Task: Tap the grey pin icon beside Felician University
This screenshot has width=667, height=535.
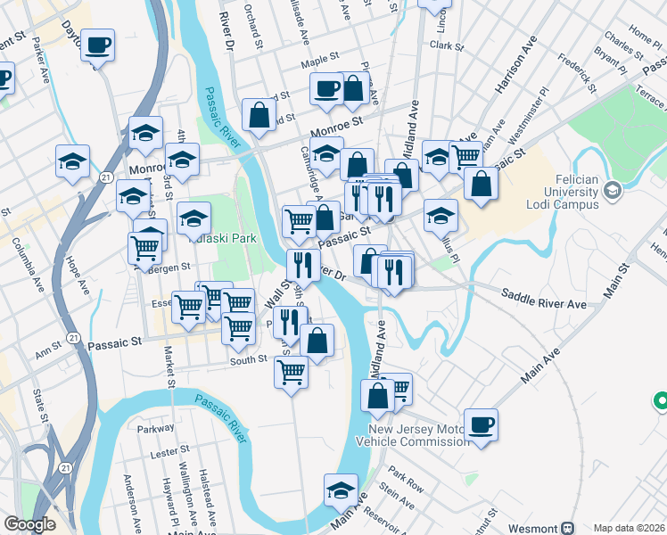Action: (612, 189)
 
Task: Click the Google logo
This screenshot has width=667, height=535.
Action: (29, 524)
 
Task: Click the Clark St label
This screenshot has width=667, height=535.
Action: (447, 45)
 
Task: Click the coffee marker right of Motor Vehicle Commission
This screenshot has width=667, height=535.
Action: (481, 424)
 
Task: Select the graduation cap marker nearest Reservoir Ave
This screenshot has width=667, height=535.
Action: (341, 489)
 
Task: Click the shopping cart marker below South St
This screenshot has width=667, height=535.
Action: (291, 371)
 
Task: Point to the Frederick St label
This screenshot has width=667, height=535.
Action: (576, 74)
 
